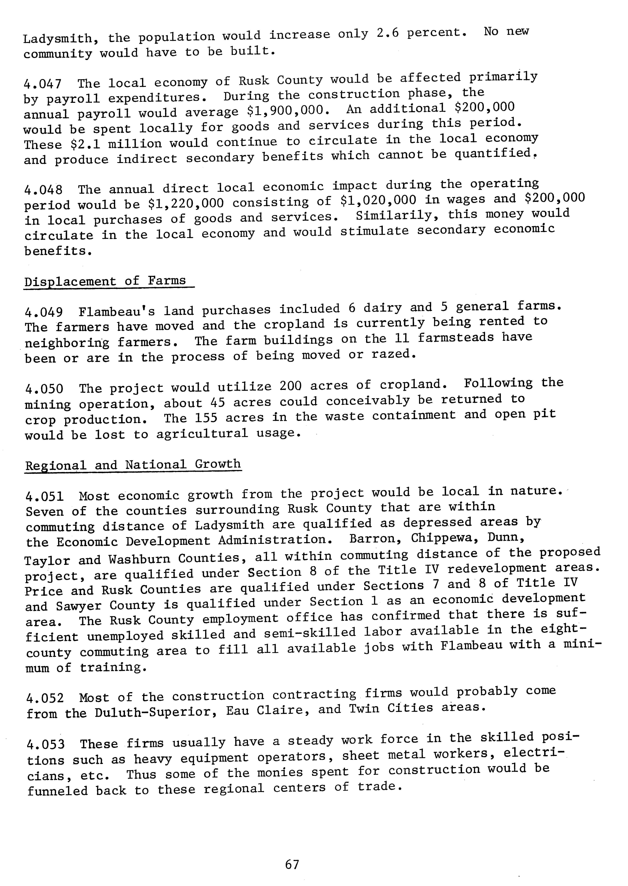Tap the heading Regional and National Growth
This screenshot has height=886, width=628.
133,464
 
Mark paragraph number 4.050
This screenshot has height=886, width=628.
44,389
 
